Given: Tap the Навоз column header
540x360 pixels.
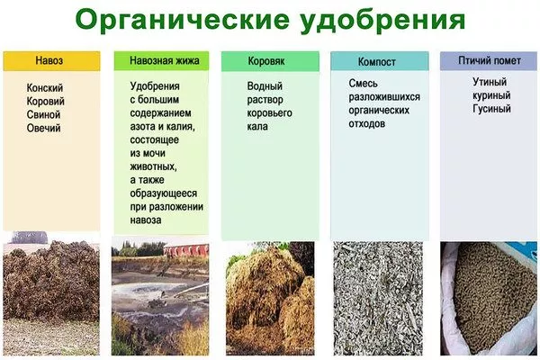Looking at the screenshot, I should click(51, 61).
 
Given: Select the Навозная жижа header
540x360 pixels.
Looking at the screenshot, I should click(159, 61).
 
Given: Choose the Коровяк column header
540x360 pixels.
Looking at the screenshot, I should click(267, 61).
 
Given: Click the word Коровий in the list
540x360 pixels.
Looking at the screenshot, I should click(46, 101).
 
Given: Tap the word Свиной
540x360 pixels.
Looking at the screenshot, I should click(44, 114).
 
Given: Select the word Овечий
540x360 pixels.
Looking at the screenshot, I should click(44, 128).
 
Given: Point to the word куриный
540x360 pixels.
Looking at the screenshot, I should click(491, 95).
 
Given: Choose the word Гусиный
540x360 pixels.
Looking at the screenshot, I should click(491, 109).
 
